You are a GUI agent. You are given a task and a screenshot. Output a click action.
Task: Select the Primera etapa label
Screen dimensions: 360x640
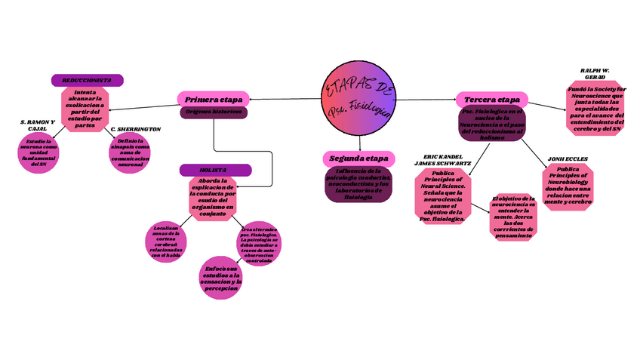tap(214, 100)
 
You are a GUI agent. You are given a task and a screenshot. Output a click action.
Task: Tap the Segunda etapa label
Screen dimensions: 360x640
tap(358, 159)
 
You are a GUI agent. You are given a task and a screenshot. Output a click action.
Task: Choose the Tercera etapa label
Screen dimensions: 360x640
tap(491, 100)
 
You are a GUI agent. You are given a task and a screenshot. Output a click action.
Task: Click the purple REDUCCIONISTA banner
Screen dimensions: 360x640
tap(87, 80)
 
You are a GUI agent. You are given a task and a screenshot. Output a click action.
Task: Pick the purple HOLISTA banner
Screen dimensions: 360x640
tap(214, 170)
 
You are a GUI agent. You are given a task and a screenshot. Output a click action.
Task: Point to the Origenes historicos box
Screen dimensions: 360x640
tap(214, 112)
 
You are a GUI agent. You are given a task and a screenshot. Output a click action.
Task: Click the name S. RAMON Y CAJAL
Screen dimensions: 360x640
tap(36, 125)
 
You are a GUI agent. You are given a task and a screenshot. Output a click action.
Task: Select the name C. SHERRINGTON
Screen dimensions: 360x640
tap(135, 130)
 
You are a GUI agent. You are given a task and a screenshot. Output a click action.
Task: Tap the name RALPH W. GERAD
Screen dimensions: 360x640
tap(595, 74)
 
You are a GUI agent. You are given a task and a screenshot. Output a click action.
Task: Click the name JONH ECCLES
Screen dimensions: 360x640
tap(568, 159)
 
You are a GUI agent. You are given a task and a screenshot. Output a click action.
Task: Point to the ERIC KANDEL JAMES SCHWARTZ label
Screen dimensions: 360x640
tap(443, 159)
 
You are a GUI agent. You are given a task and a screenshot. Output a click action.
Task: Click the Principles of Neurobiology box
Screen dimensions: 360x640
tap(568, 187)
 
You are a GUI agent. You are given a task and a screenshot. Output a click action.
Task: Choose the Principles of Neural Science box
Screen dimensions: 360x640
tap(443, 195)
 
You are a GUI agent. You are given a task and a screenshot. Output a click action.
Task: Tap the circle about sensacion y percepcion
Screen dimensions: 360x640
tap(221, 278)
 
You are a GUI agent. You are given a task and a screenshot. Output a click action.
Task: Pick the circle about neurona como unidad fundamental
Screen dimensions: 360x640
tap(38, 154)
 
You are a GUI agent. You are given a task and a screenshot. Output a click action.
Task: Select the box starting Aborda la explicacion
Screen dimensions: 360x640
tap(214, 198)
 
